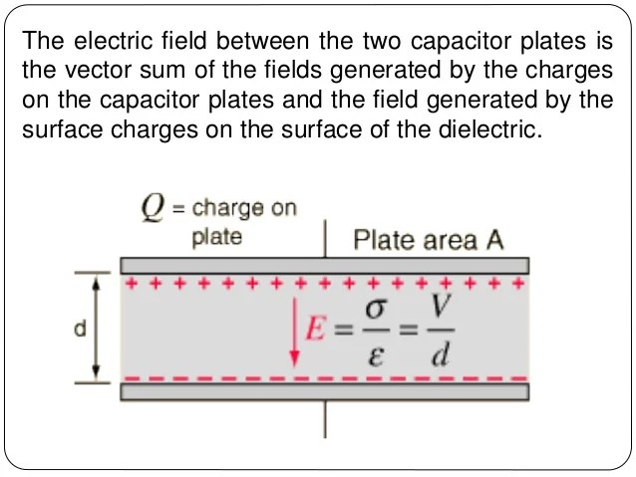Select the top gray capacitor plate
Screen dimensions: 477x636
(x=324, y=266)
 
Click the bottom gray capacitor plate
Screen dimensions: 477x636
(x=324, y=391)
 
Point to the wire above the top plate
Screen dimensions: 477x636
(x=325, y=239)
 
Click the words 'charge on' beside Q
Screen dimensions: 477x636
(x=243, y=209)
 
